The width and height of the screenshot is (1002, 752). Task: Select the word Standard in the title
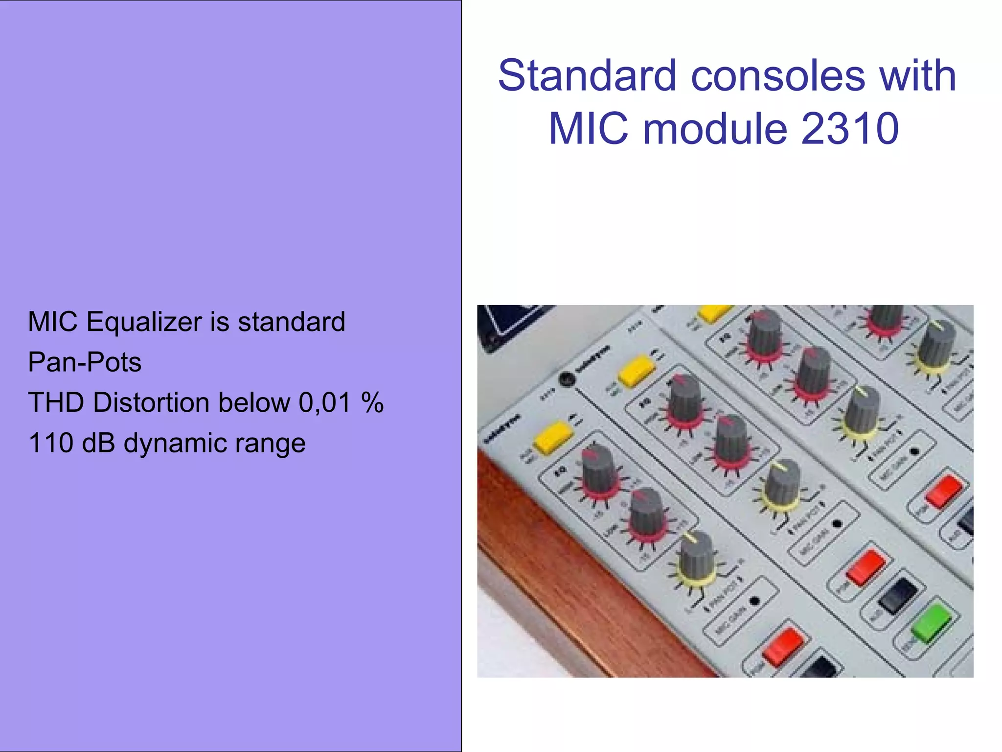coord(587,76)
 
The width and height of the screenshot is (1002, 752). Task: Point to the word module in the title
coord(715,129)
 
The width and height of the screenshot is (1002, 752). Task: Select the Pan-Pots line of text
coord(85,363)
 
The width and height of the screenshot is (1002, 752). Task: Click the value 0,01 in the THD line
coord(324,403)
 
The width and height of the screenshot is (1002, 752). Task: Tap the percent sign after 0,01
coord(372,403)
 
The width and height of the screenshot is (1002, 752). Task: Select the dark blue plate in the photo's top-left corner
coord(504,323)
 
